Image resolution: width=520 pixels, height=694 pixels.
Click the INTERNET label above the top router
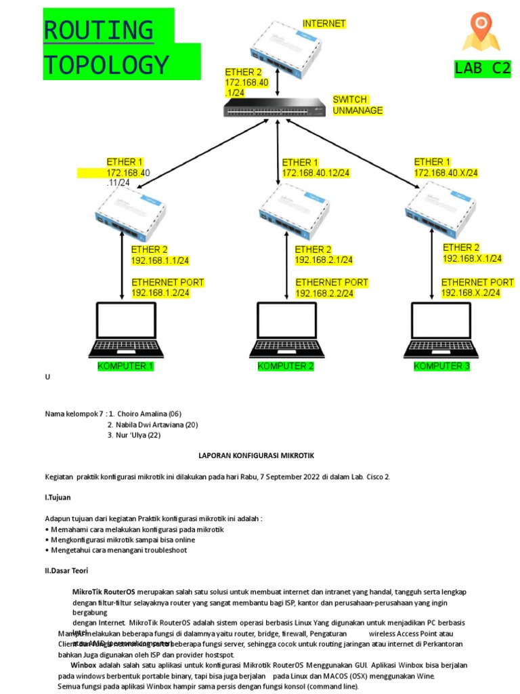coord(324,24)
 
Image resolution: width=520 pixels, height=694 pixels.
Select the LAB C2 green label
coord(482,68)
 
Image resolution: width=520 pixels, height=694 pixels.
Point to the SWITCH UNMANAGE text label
coord(357,105)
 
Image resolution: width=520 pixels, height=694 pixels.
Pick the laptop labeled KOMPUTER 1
coord(126,330)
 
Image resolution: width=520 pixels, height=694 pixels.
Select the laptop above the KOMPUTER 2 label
coord(286,330)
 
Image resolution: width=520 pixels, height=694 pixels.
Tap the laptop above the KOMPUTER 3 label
coord(442,330)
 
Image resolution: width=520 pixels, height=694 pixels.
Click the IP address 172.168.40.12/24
coord(316,173)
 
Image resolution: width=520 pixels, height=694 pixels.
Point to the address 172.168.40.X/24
coord(446,173)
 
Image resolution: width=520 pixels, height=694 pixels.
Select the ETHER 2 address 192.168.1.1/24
coord(160,260)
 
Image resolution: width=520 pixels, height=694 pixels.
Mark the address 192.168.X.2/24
coord(471,293)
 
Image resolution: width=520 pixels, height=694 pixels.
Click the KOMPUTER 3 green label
coord(441,367)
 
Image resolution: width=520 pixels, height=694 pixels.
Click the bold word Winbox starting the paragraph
coord(83,666)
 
